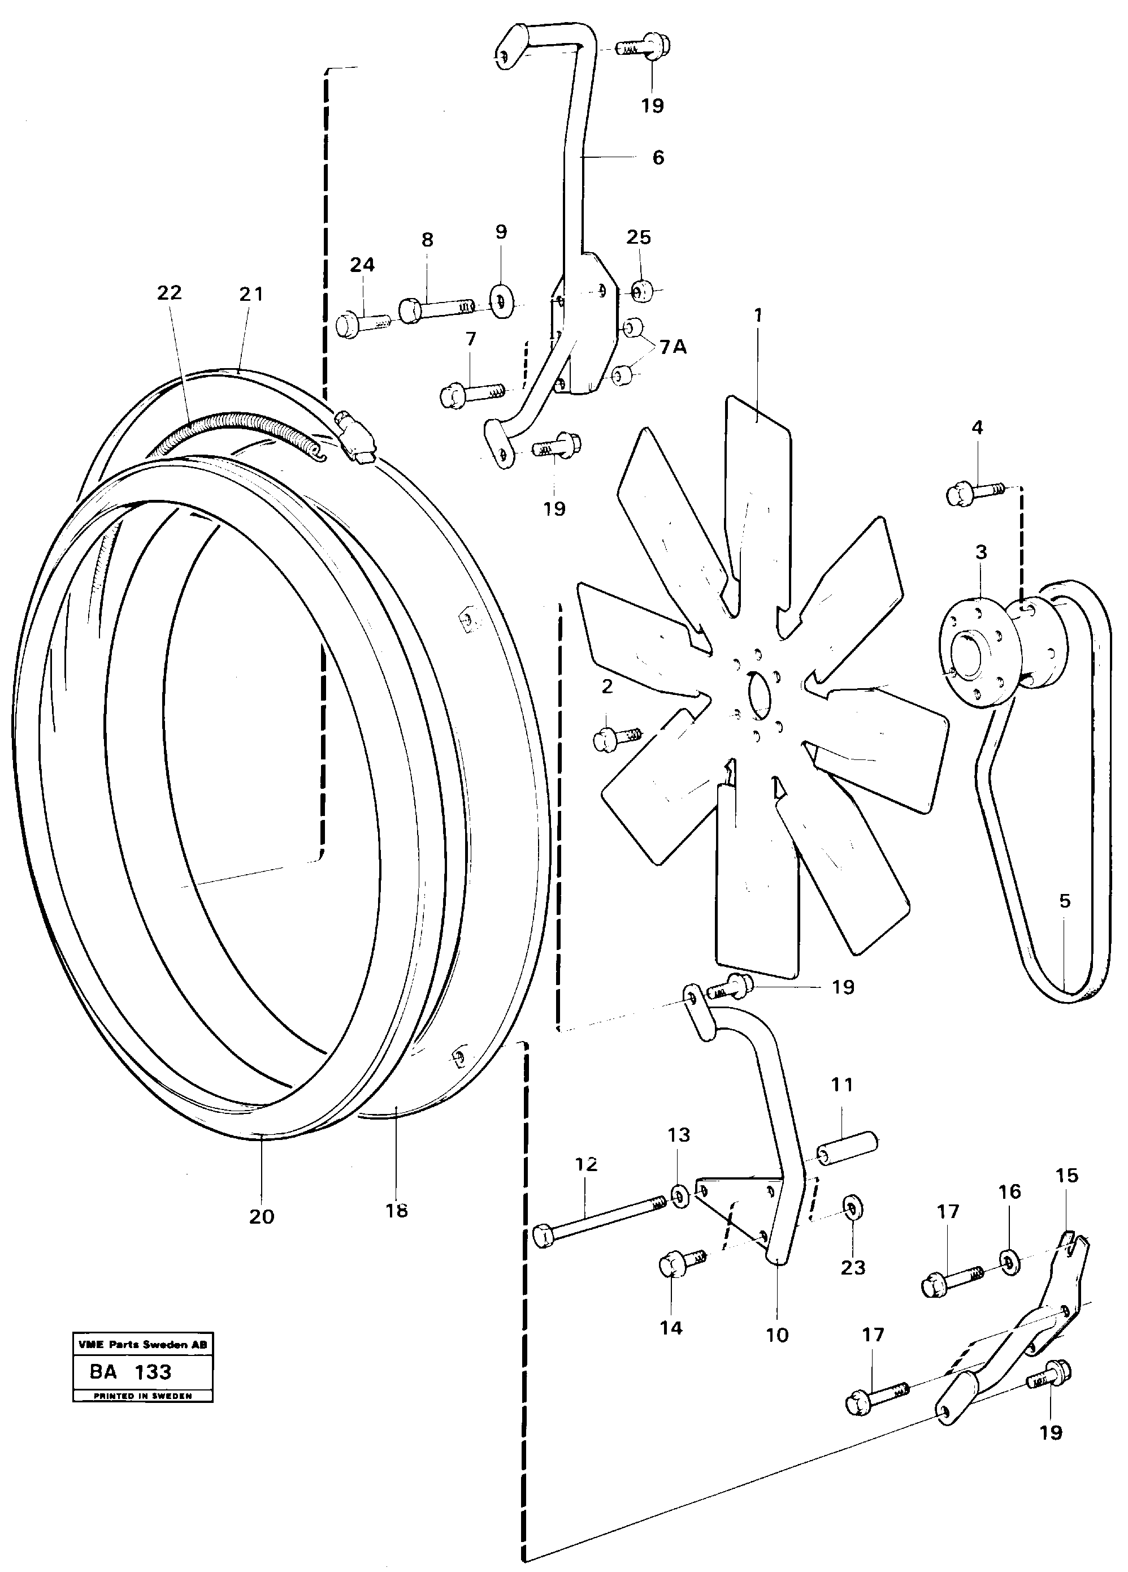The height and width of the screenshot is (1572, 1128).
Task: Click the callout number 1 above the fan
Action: click(758, 316)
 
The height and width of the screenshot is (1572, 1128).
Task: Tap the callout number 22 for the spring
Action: click(169, 293)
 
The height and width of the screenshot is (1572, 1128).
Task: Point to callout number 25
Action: click(638, 237)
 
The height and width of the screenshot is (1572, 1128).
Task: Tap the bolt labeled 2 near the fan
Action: click(617, 737)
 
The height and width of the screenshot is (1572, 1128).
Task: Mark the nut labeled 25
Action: click(640, 291)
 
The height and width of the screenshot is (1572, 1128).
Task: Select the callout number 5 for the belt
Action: click(1064, 901)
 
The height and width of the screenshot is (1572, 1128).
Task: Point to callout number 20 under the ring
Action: click(261, 1216)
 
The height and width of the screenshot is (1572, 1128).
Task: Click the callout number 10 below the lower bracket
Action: click(776, 1335)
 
